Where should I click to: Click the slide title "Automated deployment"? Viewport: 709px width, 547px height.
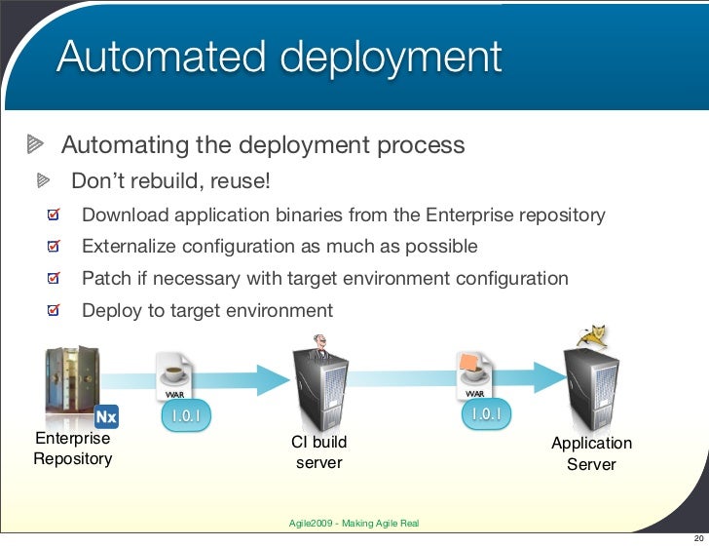point(279,58)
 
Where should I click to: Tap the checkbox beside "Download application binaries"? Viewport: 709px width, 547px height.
point(56,215)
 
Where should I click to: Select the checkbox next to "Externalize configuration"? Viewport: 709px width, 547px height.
point(56,247)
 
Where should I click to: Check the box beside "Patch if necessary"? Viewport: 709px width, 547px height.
point(56,279)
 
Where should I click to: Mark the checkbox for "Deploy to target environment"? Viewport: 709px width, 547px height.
point(56,312)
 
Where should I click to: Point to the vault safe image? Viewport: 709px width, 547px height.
point(69,381)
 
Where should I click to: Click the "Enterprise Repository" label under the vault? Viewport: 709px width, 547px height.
point(72,449)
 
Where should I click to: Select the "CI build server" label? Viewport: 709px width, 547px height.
point(319,452)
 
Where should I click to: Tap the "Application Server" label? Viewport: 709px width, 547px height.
point(591,453)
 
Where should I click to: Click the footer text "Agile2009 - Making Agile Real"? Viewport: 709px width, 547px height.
point(354,524)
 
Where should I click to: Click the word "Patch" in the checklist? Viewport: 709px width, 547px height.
point(105,279)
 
